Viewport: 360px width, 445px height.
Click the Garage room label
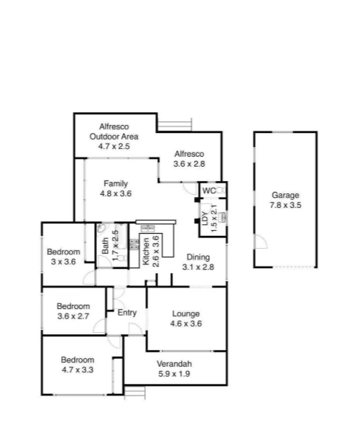pyautogui.click(x=285, y=195)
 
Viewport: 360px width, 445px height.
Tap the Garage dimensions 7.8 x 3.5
pyautogui.click(x=285, y=205)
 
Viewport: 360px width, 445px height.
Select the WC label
pyautogui.click(x=208, y=191)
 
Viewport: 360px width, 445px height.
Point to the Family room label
pyautogui.click(x=115, y=183)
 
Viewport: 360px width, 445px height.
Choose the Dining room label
pyautogui.click(x=198, y=257)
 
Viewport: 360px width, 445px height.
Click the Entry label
pyautogui.click(x=127, y=312)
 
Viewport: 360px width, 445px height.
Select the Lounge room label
pyautogui.click(x=185, y=313)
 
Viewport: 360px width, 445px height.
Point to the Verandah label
pyautogui.click(x=175, y=364)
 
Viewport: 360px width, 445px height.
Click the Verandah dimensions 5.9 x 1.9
pyautogui.click(x=175, y=374)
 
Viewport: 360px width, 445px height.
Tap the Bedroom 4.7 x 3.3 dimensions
pyautogui.click(x=78, y=370)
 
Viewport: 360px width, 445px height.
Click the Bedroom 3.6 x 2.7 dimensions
pyautogui.click(x=73, y=316)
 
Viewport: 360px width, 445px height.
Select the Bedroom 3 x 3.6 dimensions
pyautogui.click(x=63, y=262)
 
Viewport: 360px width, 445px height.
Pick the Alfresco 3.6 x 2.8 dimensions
pyautogui.click(x=190, y=164)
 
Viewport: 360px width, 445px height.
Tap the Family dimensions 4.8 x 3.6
pyautogui.click(x=115, y=193)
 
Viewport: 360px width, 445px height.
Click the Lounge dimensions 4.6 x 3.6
pyautogui.click(x=185, y=324)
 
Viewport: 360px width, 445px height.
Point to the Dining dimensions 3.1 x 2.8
pyautogui.click(x=198, y=267)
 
